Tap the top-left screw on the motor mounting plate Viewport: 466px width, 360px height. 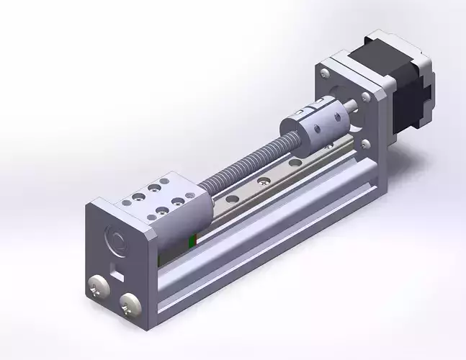(x=324, y=71)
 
